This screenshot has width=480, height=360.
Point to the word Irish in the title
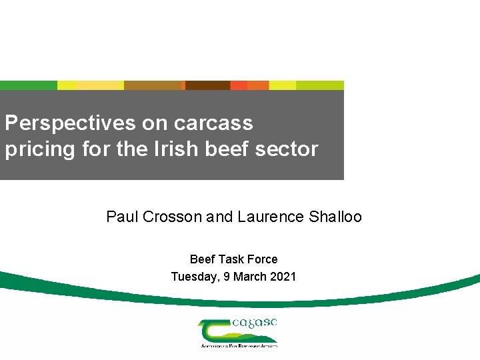point(174,149)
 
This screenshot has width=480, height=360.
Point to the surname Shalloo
point(336,217)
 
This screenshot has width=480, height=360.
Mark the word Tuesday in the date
point(193,277)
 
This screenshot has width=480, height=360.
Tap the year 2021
point(283,277)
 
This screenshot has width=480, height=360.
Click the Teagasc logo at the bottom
point(238,332)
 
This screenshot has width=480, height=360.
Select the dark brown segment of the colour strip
point(207,85)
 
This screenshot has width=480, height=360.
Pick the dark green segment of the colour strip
point(29,85)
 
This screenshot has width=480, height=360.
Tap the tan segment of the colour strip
point(153,85)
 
